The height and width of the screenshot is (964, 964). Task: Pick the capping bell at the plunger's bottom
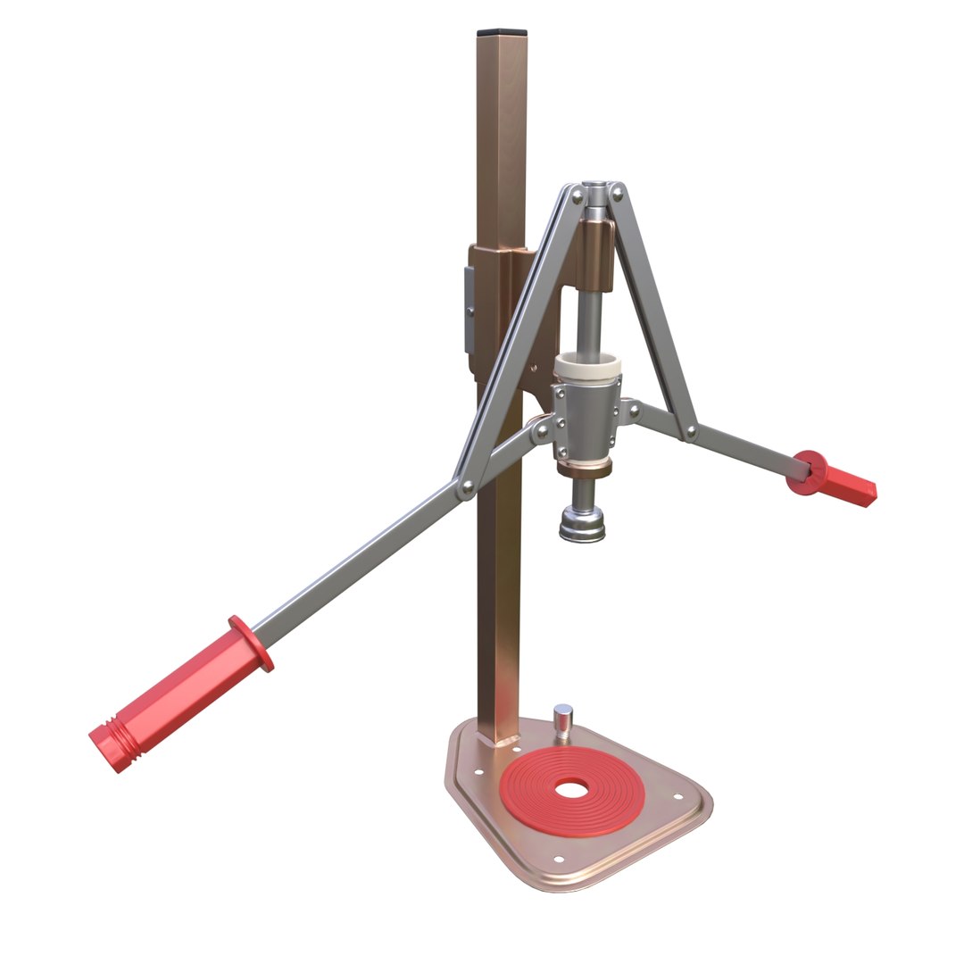tap(581, 523)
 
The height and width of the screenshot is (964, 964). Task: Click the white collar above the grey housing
tap(584, 366)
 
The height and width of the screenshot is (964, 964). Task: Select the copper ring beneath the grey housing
tap(585, 468)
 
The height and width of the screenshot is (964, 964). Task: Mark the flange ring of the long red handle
tap(251, 643)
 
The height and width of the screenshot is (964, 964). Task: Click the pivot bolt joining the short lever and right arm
tap(690, 433)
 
